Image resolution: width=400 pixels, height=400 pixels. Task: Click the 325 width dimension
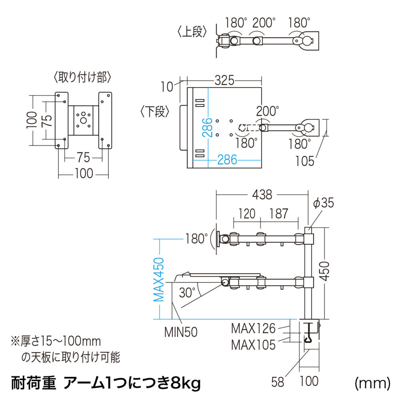(x=224, y=80)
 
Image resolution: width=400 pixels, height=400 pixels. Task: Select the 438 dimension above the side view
(x=262, y=195)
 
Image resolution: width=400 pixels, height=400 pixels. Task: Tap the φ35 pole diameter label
(x=324, y=203)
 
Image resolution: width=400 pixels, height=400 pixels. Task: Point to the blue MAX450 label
(x=159, y=280)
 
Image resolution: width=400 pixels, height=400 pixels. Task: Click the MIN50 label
(x=181, y=332)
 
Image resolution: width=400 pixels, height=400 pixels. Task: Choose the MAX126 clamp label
(x=253, y=328)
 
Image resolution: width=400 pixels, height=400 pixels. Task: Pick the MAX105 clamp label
(x=253, y=345)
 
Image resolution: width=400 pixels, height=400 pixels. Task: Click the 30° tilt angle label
(x=187, y=292)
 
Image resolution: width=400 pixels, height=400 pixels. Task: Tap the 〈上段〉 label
(x=192, y=32)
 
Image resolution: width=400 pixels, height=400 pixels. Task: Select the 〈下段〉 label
(x=155, y=112)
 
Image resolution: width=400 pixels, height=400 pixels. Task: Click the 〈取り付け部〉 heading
(x=83, y=77)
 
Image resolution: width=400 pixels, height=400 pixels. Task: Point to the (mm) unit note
(x=373, y=383)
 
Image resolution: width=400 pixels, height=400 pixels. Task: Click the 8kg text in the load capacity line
(x=186, y=383)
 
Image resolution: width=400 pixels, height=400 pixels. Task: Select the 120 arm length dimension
(x=247, y=214)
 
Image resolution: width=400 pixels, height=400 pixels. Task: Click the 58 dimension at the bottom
(x=278, y=382)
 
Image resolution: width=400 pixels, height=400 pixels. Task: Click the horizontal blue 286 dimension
(x=227, y=160)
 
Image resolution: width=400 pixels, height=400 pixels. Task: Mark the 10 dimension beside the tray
(x=167, y=87)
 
